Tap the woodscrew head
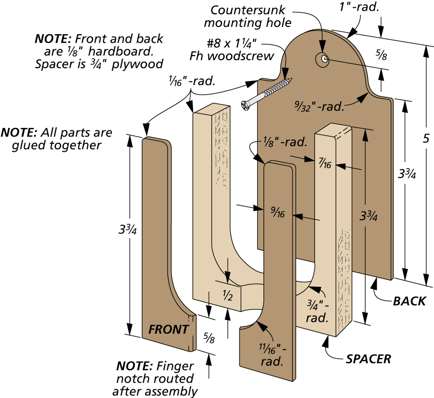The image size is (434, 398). point(246,104)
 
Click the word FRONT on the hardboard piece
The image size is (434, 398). point(168,330)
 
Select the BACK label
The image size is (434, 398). point(409,301)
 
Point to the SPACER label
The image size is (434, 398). point(368,359)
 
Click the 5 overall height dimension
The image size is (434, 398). point(426,139)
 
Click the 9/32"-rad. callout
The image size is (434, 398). point(319,107)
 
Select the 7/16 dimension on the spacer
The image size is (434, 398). point(325,164)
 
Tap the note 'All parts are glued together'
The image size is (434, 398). point(56,139)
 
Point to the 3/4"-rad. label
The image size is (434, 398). point(316,312)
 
